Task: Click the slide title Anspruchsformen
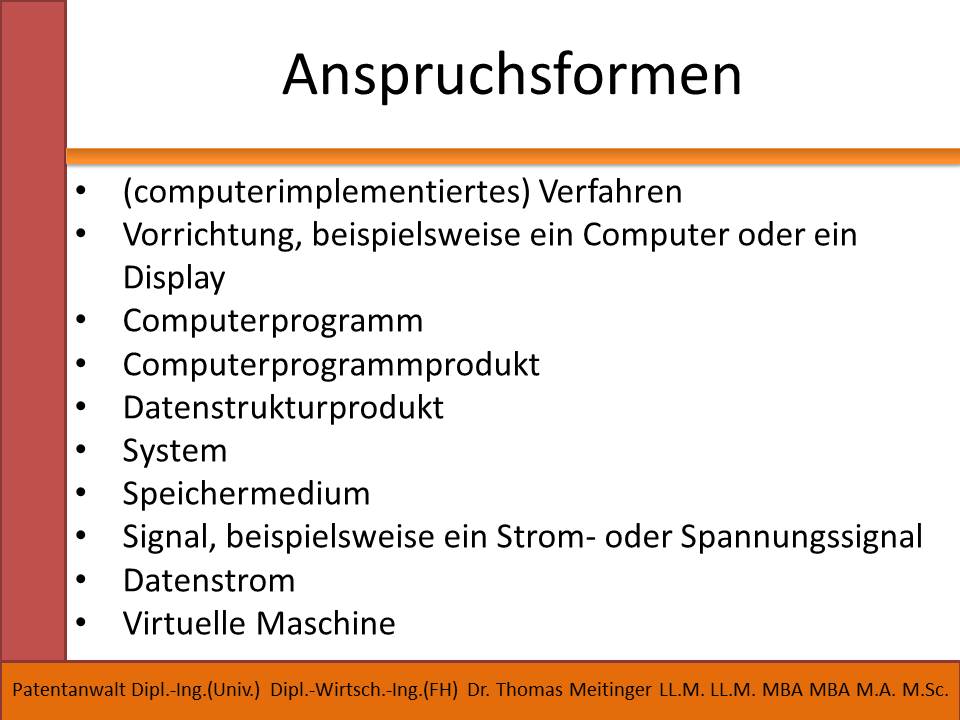[x=512, y=75]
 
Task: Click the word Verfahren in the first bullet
[x=610, y=191]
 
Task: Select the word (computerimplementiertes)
[x=326, y=192]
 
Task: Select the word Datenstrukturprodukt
[x=283, y=408]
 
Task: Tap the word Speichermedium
[x=247, y=494]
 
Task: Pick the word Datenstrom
[x=209, y=580]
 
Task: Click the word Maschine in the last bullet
[x=326, y=623]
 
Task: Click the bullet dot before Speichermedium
[x=81, y=493]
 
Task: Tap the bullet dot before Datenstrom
[x=81, y=580]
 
